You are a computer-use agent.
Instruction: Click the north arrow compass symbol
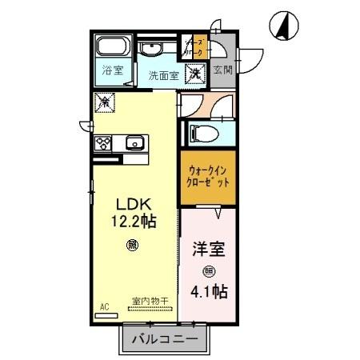pyautogui.click(x=282, y=26)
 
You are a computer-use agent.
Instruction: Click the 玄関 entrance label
pyautogui.click(x=222, y=70)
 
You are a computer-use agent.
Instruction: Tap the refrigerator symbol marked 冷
pyautogui.click(x=104, y=102)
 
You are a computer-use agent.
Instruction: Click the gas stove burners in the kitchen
pyautogui.click(x=104, y=144)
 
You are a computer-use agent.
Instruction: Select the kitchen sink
pyautogui.click(x=132, y=144)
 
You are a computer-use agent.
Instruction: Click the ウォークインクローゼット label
pyautogui.click(x=207, y=175)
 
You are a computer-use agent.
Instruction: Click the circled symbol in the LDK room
pyautogui.click(x=131, y=246)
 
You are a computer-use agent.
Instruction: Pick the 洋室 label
pyautogui.click(x=209, y=249)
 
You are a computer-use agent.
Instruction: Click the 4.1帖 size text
pyautogui.click(x=209, y=290)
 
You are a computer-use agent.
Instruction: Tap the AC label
pyautogui.click(x=104, y=305)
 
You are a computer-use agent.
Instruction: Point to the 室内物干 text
pyautogui.click(x=150, y=302)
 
